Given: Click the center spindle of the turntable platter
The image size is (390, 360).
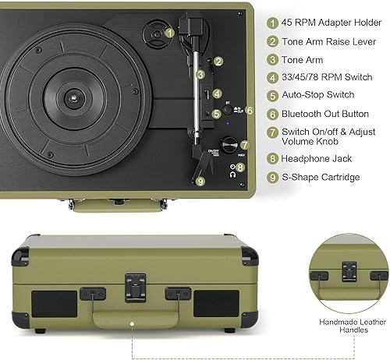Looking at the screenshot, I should click(71, 98).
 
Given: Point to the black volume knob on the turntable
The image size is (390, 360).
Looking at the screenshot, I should click(229, 146).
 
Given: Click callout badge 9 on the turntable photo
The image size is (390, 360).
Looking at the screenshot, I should click(200, 181).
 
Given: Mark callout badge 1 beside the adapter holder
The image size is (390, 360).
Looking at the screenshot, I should click(170, 34).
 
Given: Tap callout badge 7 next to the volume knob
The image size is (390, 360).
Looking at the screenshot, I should click(244, 144).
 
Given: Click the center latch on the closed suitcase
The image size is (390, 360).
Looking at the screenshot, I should click(134, 285).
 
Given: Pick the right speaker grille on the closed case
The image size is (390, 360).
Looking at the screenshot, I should click(216, 304).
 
